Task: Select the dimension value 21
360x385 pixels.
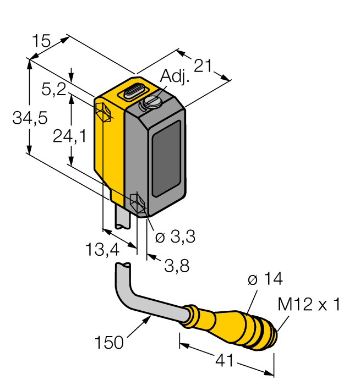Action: (x=203, y=66)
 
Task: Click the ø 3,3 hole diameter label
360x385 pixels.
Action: (x=175, y=238)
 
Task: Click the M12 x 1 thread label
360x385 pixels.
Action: (x=309, y=305)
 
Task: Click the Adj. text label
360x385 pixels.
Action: (x=175, y=77)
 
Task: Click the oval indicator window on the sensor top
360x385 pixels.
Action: (x=134, y=91)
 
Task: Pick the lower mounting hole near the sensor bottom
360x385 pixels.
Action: (x=137, y=204)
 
